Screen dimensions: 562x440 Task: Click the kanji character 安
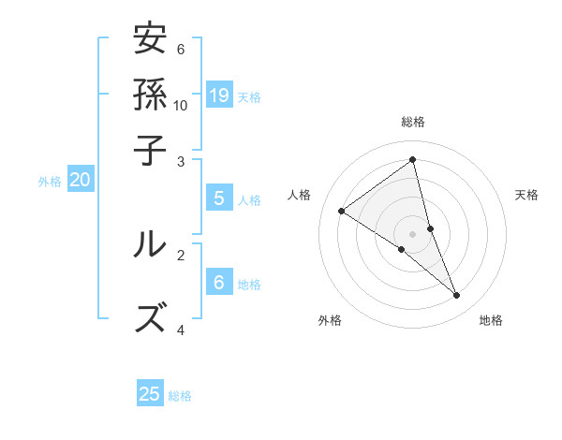[x=150, y=40]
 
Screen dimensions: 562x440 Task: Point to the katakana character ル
[x=150, y=243]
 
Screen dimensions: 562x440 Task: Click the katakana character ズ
[x=150, y=318]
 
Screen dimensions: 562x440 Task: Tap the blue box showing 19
[x=219, y=95]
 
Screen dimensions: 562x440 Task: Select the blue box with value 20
[x=80, y=181]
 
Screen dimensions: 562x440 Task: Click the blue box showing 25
[x=150, y=394]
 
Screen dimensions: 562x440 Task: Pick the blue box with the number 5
[x=219, y=198]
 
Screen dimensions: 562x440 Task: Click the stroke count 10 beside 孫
[x=181, y=105]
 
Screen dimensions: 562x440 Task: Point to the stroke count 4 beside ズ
[x=181, y=330]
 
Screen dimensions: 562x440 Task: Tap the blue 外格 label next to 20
[x=50, y=182]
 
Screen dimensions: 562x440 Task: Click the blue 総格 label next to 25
[x=180, y=396]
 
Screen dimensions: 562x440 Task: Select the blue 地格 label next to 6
[x=249, y=285]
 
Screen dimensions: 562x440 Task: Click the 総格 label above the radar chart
[x=412, y=122]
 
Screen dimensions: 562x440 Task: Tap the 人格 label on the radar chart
[x=300, y=195]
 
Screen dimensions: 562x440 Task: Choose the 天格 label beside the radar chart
[x=526, y=195]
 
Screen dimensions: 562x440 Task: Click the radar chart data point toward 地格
[x=456, y=296]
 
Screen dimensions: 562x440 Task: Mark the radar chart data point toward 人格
[x=342, y=211]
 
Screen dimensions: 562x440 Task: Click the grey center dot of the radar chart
[x=412, y=233]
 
